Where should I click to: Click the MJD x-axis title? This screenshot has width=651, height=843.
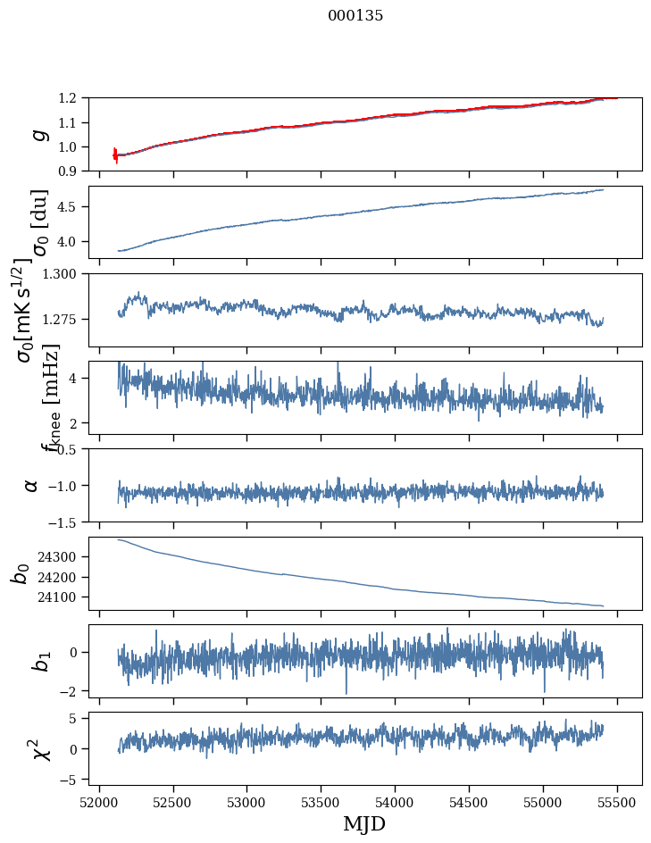(363, 823)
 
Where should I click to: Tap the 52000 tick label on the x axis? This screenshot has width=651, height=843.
(99, 801)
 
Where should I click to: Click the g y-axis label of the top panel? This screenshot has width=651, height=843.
(38, 134)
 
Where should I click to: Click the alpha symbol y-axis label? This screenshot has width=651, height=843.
(31, 485)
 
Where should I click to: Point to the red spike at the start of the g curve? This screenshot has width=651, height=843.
(115, 154)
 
